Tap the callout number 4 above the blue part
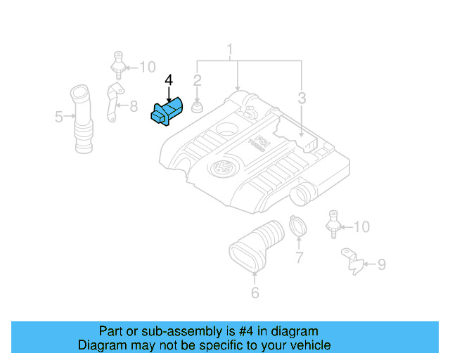click(169, 81)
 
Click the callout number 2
click(198, 80)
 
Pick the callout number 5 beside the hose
click(59, 117)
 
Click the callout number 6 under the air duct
click(255, 292)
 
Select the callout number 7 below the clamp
click(298, 258)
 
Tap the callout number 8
click(134, 107)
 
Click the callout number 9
click(381, 264)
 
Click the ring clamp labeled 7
click(297, 227)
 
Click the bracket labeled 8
click(113, 105)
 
